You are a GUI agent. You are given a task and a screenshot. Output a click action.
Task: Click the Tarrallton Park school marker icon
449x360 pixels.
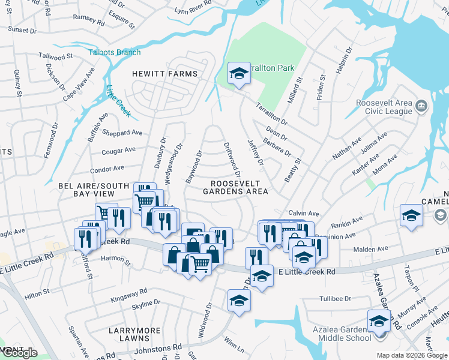[x=239, y=74]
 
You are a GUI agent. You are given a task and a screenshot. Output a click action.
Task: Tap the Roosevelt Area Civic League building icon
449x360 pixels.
[x=421, y=107]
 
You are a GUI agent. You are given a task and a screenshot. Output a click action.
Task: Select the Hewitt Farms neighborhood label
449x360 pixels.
[x=164, y=74]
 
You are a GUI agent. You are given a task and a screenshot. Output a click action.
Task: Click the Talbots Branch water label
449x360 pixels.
[x=115, y=52]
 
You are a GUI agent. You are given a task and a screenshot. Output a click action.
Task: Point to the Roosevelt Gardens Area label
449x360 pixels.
[x=235, y=187]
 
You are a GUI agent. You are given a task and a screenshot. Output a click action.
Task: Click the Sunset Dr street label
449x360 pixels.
[x=22, y=29]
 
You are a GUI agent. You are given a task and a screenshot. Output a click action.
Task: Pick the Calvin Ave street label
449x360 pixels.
[x=303, y=213]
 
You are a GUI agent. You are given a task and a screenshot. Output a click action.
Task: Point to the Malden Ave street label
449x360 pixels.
[x=372, y=248]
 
